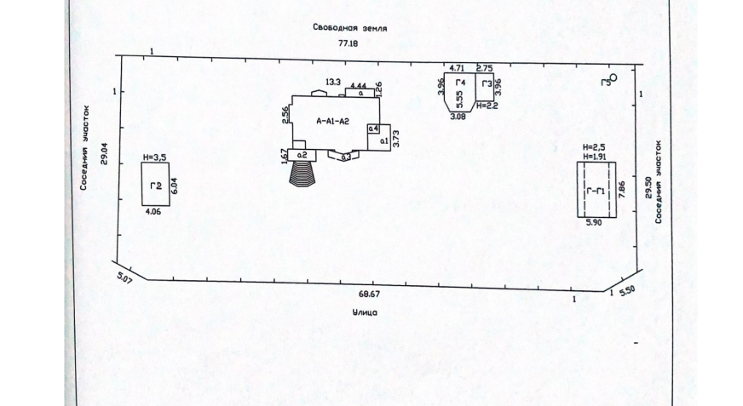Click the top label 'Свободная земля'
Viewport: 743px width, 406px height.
(349, 27)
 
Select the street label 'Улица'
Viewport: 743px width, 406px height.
(365, 312)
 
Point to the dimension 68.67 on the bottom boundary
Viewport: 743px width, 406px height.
(369, 293)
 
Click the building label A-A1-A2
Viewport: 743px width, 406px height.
(332, 121)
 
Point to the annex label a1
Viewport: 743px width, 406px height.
(383, 140)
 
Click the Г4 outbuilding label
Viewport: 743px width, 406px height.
(461, 83)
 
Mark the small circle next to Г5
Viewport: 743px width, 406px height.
(612, 77)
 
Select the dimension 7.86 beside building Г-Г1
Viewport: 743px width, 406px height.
(622, 189)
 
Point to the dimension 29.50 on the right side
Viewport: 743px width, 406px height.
(648, 188)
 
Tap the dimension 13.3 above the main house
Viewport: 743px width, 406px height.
(332, 82)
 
